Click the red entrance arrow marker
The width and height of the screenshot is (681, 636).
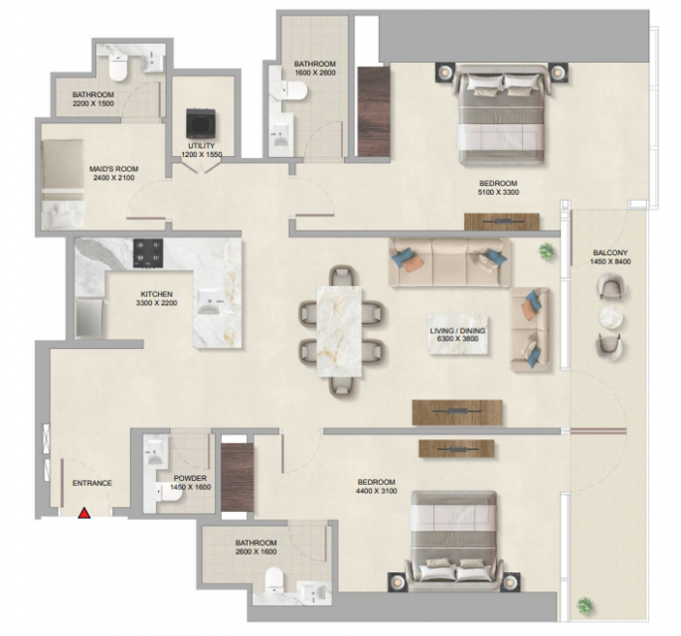pyautogui.click(x=84, y=513)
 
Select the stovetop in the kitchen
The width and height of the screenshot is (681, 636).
pyautogui.click(x=148, y=253)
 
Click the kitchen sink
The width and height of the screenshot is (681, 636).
pyautogui.click(x=210, y=301)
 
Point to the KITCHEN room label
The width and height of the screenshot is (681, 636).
pyautogui.click(x=156, y=294)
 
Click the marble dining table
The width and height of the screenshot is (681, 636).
pyautogui.click(x=339, y=331)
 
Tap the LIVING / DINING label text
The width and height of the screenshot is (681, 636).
pyautogui.click(x=457, y=330)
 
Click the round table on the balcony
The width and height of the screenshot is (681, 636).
pyautogui.click(x=611, y=318)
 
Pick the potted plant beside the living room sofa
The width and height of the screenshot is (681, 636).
pyautogui.click(x=547, y=251)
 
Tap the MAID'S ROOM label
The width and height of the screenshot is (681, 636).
pyautogui.click(x=113, y=169)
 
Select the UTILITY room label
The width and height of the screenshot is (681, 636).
pyautogui.click(x=201, y=145)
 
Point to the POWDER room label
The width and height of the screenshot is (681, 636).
pyautogui.click(x=190, y=478)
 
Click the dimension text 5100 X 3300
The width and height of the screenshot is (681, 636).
pyautogui.click(x=498, y=192)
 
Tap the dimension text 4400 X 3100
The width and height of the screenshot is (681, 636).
pyautogui.click(x=376, y=491)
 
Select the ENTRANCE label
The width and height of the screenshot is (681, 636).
pyautogui.click(x=92, y=483)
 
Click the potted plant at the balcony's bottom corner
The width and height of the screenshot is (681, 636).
pyautogui.click(x=585, y=605)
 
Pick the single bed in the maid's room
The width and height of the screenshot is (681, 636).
pyautogui.click(x=63, y=184)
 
